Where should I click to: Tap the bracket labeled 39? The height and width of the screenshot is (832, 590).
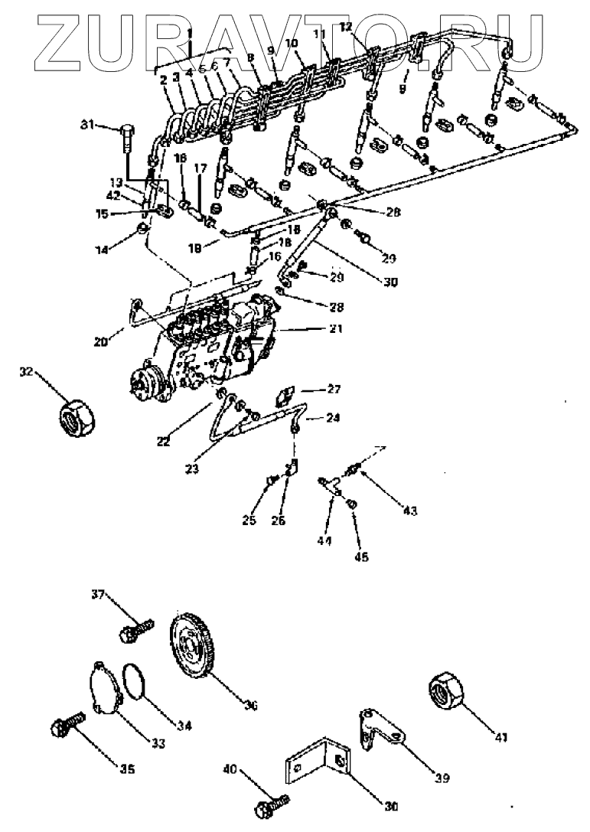click(x=381, y=734)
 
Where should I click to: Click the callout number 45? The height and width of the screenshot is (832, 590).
click(x=360, y=556)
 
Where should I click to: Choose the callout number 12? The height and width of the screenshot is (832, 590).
click(x=345, y=27)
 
